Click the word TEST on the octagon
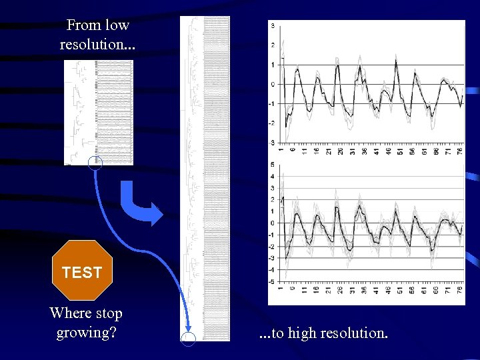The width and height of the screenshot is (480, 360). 81,272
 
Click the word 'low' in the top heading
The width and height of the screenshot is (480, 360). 117,25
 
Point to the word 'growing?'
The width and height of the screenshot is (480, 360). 87,331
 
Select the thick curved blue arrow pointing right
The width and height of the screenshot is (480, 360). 142,204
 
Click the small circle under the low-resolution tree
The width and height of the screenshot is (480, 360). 95,162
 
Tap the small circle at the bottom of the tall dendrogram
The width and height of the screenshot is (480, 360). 189,339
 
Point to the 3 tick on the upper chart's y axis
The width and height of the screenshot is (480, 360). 273,26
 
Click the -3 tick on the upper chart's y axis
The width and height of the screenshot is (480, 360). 272,142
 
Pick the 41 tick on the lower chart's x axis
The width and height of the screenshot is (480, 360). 376,291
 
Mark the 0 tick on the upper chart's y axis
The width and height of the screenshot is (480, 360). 273,84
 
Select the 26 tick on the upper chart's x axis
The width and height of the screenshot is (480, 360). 340,151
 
